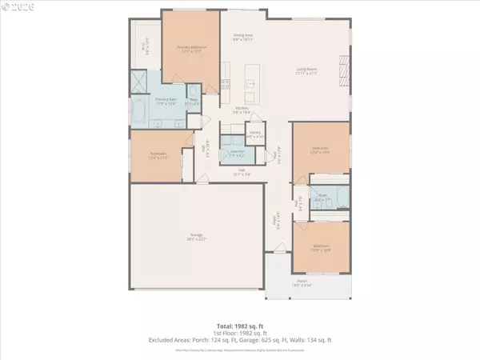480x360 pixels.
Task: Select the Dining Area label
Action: point(243,38)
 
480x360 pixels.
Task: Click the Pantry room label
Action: point(255,135)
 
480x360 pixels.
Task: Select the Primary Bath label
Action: point(154,102)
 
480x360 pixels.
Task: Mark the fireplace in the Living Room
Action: point(344,73)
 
